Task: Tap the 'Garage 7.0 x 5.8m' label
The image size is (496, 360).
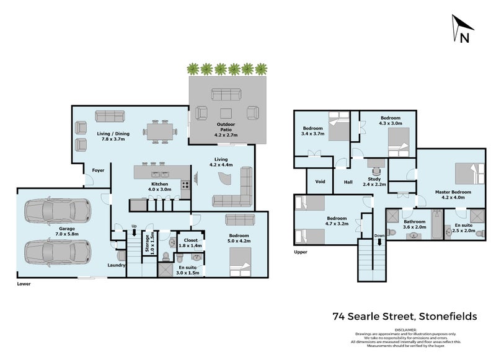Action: click(67, 231)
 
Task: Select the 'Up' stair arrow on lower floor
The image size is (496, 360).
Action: click(134, 232)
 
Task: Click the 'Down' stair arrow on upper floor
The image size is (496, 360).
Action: click(379, 242)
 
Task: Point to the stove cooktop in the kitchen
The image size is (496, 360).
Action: click(185, 185)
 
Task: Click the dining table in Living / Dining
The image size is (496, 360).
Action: click(159, 131)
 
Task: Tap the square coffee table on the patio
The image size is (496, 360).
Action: click(226, 113)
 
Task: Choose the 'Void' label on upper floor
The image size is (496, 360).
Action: click(320, 182)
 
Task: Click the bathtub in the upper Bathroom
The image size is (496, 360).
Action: click(437, 225)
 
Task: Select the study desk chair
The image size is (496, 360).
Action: click(376, 171)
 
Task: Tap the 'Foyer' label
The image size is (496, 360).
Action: click(98, 170)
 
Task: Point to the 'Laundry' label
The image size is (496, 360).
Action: click(117, 265)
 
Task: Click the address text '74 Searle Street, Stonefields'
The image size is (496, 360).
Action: click(405, 317)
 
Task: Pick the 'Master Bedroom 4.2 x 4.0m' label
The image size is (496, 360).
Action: click(453, 195)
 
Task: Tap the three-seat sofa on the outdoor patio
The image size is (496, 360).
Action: click(226, 95)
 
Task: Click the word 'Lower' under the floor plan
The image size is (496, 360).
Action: click(24, 284)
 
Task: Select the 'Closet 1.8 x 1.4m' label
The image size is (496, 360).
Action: click(190, 243)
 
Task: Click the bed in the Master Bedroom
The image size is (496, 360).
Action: click(469, 174)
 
